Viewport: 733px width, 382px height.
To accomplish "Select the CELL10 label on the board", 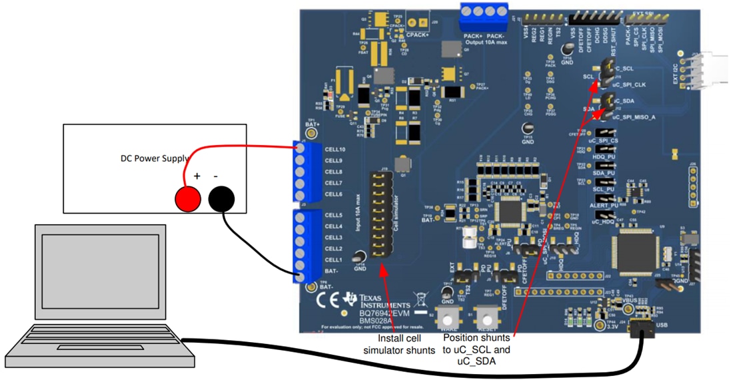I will click(x=335, y=150).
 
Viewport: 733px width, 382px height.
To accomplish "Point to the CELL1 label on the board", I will click(x=333, y=259).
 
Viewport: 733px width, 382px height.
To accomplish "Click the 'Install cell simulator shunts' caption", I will click(x=387, y=344).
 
